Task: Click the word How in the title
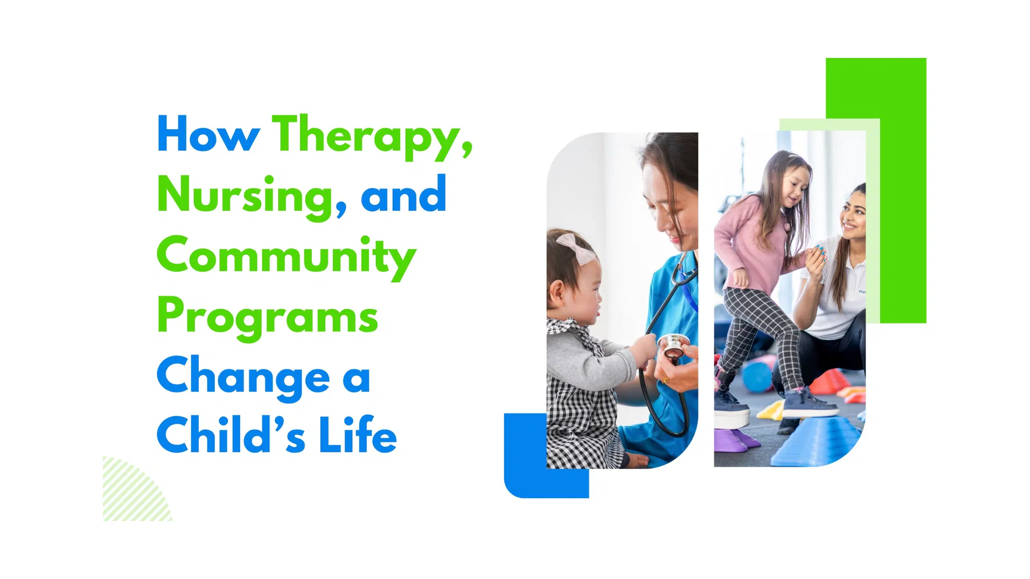click(208, 134)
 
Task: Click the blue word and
click(403, 195)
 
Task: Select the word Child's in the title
click(231, 435)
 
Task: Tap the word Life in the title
click(357, 435)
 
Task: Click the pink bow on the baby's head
click(577, 248)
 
